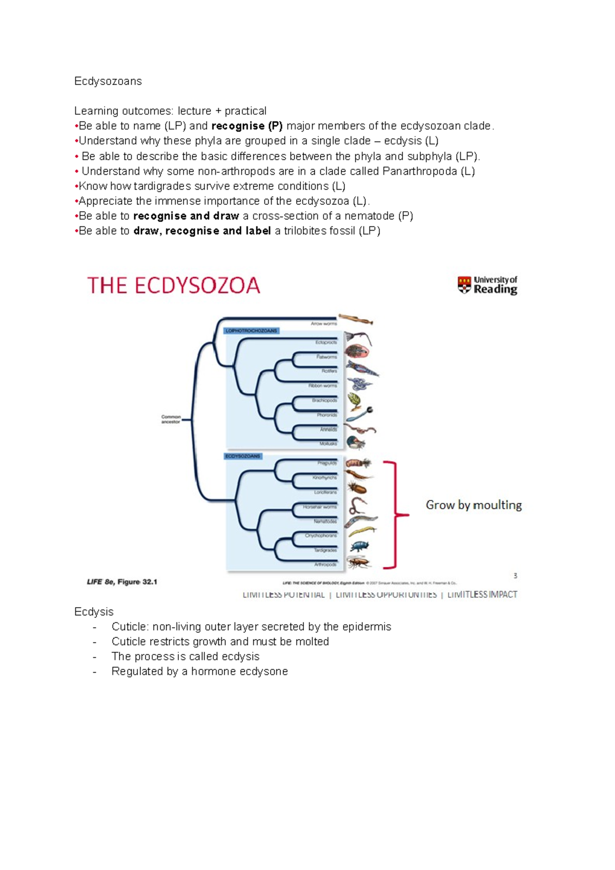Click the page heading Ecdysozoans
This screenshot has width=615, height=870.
pos(108,81)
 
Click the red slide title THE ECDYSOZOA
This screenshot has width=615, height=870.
pos(174,286)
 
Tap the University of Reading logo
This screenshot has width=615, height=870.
pos(487,285)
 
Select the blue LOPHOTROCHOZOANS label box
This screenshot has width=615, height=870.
pos(252,331)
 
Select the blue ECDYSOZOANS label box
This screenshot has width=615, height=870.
pos(243,456)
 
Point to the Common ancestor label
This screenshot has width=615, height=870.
pos(171,419)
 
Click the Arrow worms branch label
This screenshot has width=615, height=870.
pos(324,324)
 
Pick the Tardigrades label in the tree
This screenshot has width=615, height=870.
pos(325,550)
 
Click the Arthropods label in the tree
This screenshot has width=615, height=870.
pos(325,565)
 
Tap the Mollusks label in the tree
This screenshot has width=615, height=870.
pos(328,444)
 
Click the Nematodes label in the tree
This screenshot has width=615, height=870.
pos(325,522)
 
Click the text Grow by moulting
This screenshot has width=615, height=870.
pos(474,505)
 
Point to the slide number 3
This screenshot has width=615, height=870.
pos(515,576)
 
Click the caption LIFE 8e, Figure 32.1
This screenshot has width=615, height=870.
pos(122,582)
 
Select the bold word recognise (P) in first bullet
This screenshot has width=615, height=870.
pos(247,126)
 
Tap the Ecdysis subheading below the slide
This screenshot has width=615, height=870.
pos(94,612)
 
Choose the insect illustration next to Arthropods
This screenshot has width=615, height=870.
pos(359,563)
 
